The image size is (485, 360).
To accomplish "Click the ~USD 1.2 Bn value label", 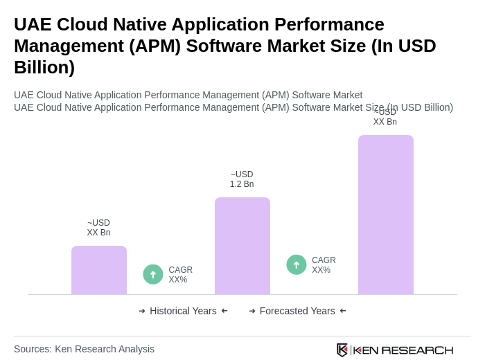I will click(x=242, y=179).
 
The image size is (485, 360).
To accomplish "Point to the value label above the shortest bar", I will click(x=98, y=228).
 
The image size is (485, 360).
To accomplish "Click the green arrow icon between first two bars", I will click(x=153, y=274).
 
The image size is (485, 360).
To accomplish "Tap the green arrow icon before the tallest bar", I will click(x=297, y=264).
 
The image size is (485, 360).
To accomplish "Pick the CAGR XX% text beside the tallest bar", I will click(x=324, y=265).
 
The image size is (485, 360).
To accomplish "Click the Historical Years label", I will click(x=183, y=311).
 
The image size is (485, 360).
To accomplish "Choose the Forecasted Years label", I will click(x=297, y=311).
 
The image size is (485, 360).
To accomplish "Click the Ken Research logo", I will click(x=395, y=350).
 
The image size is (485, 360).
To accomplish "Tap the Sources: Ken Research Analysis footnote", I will click(x=84, y=349).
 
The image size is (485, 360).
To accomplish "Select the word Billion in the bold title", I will click(x=44, y=67).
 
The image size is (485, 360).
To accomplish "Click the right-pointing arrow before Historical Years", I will click(x=142, y=311).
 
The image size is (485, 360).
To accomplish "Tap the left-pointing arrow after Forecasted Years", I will click(x=343, y=311).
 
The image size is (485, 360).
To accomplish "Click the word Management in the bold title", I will click(x=68, y=46).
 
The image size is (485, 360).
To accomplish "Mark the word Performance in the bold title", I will click(x=329, y=24).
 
